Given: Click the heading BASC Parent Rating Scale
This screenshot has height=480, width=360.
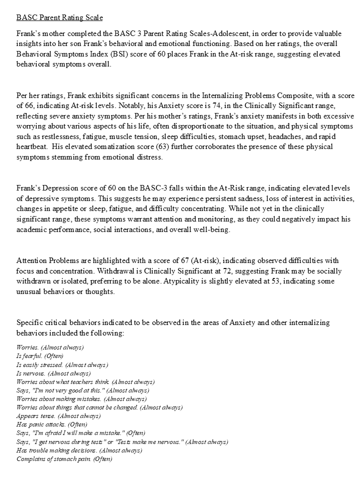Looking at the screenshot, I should click(x=59, y=18).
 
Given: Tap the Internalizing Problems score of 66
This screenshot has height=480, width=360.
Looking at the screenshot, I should click(x=31, y=106).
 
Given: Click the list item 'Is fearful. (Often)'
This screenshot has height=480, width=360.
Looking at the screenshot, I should click(x=40, y=356).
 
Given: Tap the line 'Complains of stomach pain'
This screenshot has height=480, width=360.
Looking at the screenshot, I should click(x=64, y=458).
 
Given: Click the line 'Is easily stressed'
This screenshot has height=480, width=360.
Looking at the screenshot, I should click(x=62, y=364).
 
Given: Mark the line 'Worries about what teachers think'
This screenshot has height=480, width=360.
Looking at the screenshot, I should click(x=85, y=381).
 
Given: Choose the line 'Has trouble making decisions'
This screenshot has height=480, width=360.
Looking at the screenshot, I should click(x=79, y=450).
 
